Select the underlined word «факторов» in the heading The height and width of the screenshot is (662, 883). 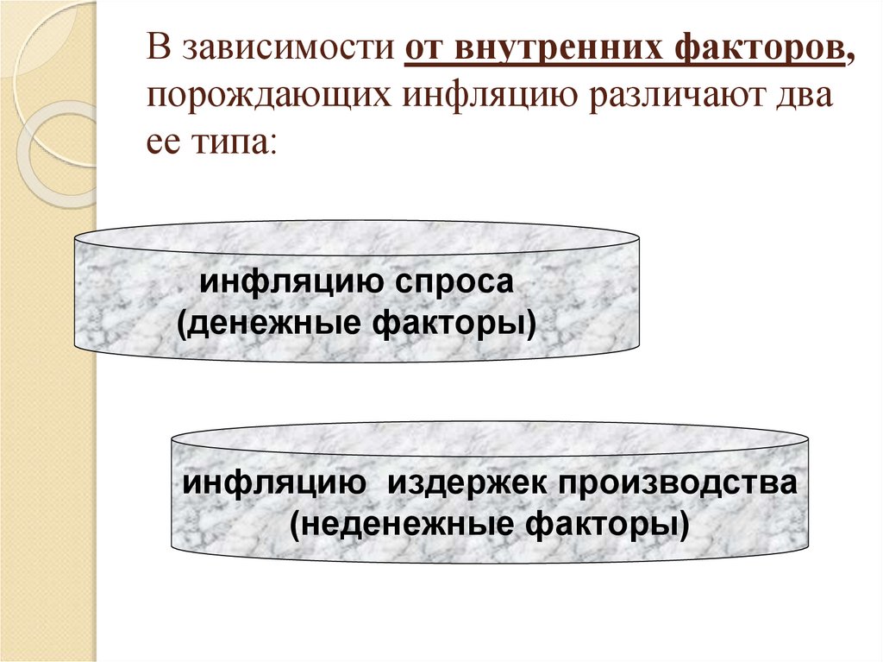[760, 48]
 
